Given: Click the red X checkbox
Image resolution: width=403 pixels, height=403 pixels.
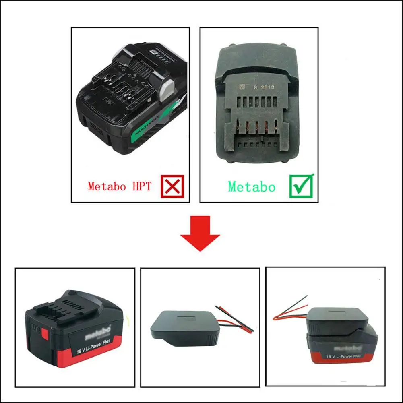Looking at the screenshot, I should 172,186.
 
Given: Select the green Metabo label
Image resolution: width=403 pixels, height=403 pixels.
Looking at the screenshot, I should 252,187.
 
